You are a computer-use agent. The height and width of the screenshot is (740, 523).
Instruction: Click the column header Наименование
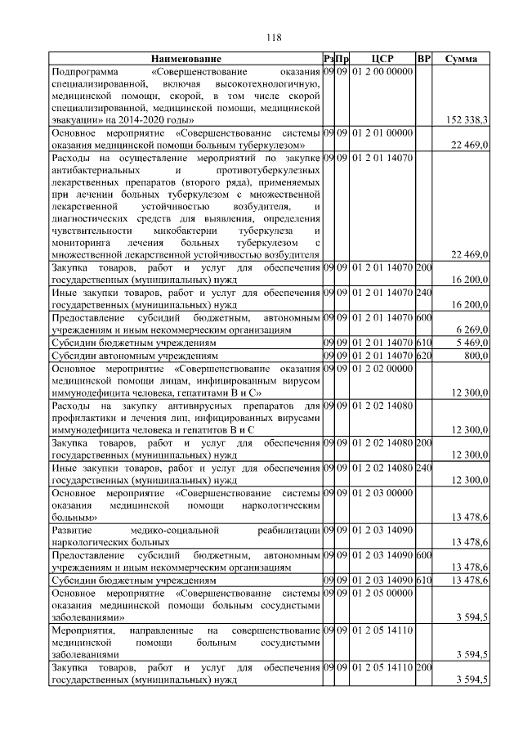186,60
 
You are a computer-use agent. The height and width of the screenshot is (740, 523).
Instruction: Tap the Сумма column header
462,60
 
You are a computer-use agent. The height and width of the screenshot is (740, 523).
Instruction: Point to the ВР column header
423,60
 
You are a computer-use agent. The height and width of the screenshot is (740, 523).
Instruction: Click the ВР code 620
423,357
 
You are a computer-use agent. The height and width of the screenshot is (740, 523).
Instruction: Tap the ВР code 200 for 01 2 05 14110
423,668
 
